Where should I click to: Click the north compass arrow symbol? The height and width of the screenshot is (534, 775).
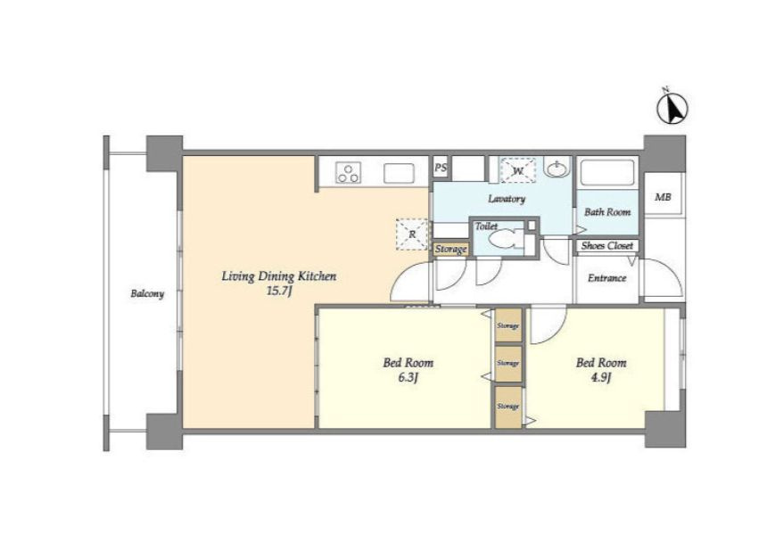[x=672, y=107]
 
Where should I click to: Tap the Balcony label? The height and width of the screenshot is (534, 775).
[x=147, y=293]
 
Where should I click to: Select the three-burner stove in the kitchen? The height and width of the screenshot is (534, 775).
[x=349, y=172]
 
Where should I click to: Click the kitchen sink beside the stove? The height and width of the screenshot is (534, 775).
[x=399, y=173]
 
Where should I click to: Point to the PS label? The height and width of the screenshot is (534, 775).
[x=441, y=168]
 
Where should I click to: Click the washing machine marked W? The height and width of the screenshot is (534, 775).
[x=517, y=170]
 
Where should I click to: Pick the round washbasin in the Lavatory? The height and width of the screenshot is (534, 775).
[x=558, y=167]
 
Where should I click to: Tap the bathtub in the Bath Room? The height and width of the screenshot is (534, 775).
[x=607, y=173]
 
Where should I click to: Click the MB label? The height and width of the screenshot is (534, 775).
[x=663, y=197]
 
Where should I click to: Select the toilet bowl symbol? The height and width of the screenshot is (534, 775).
[x=504, y=240]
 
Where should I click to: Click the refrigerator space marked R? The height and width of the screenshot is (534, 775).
[x=412, y=234]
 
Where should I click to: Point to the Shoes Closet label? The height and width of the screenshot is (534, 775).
[x=607, y=245]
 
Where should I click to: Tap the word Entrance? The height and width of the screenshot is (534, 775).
[x=607, y=278]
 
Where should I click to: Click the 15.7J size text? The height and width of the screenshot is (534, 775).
[x=279, y=291]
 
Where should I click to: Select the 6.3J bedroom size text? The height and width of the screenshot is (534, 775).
[x=408, y=378]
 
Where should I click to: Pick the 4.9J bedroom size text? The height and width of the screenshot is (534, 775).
[x=600, y=378]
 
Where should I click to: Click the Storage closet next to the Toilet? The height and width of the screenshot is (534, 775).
[x=450, y=249]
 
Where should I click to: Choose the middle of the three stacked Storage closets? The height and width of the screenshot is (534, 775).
[x=508, y=364]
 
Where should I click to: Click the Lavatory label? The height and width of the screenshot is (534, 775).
[x=507, y=199]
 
